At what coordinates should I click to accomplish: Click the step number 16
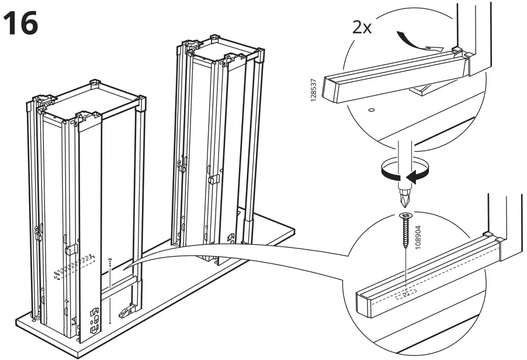coord(22,23)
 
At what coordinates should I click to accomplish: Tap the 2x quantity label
coord(362,27)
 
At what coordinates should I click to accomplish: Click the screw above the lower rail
coord(404,230)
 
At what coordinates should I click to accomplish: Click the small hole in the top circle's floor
coord(372,109)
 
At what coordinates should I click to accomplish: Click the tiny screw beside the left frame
coord(110,259)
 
